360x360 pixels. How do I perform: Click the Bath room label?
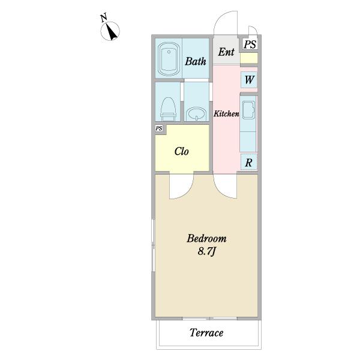point(196,61)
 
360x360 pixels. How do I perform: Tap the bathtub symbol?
point(169,59)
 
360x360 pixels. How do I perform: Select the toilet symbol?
point(168,109)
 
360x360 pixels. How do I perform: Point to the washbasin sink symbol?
point(196,115)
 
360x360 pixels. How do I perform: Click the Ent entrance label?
point(226,52)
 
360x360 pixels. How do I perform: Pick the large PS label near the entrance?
point(250,44)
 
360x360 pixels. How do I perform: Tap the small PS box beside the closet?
point(159,128)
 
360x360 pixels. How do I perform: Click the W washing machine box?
point(249,80)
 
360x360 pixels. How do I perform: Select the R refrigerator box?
point(248,162)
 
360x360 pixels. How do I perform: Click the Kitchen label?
point(226,113)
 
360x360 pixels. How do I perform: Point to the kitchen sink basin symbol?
point(248,110)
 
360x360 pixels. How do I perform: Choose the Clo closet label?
point(182,151)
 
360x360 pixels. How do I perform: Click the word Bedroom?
point(206,238)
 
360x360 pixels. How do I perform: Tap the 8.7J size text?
point(206,251)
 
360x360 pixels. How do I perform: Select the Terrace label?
point(206,332)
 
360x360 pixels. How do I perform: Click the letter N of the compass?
point(104,18)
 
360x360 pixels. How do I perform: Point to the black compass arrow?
point(112,32)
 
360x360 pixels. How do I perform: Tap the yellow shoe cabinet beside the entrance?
point(249,58)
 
